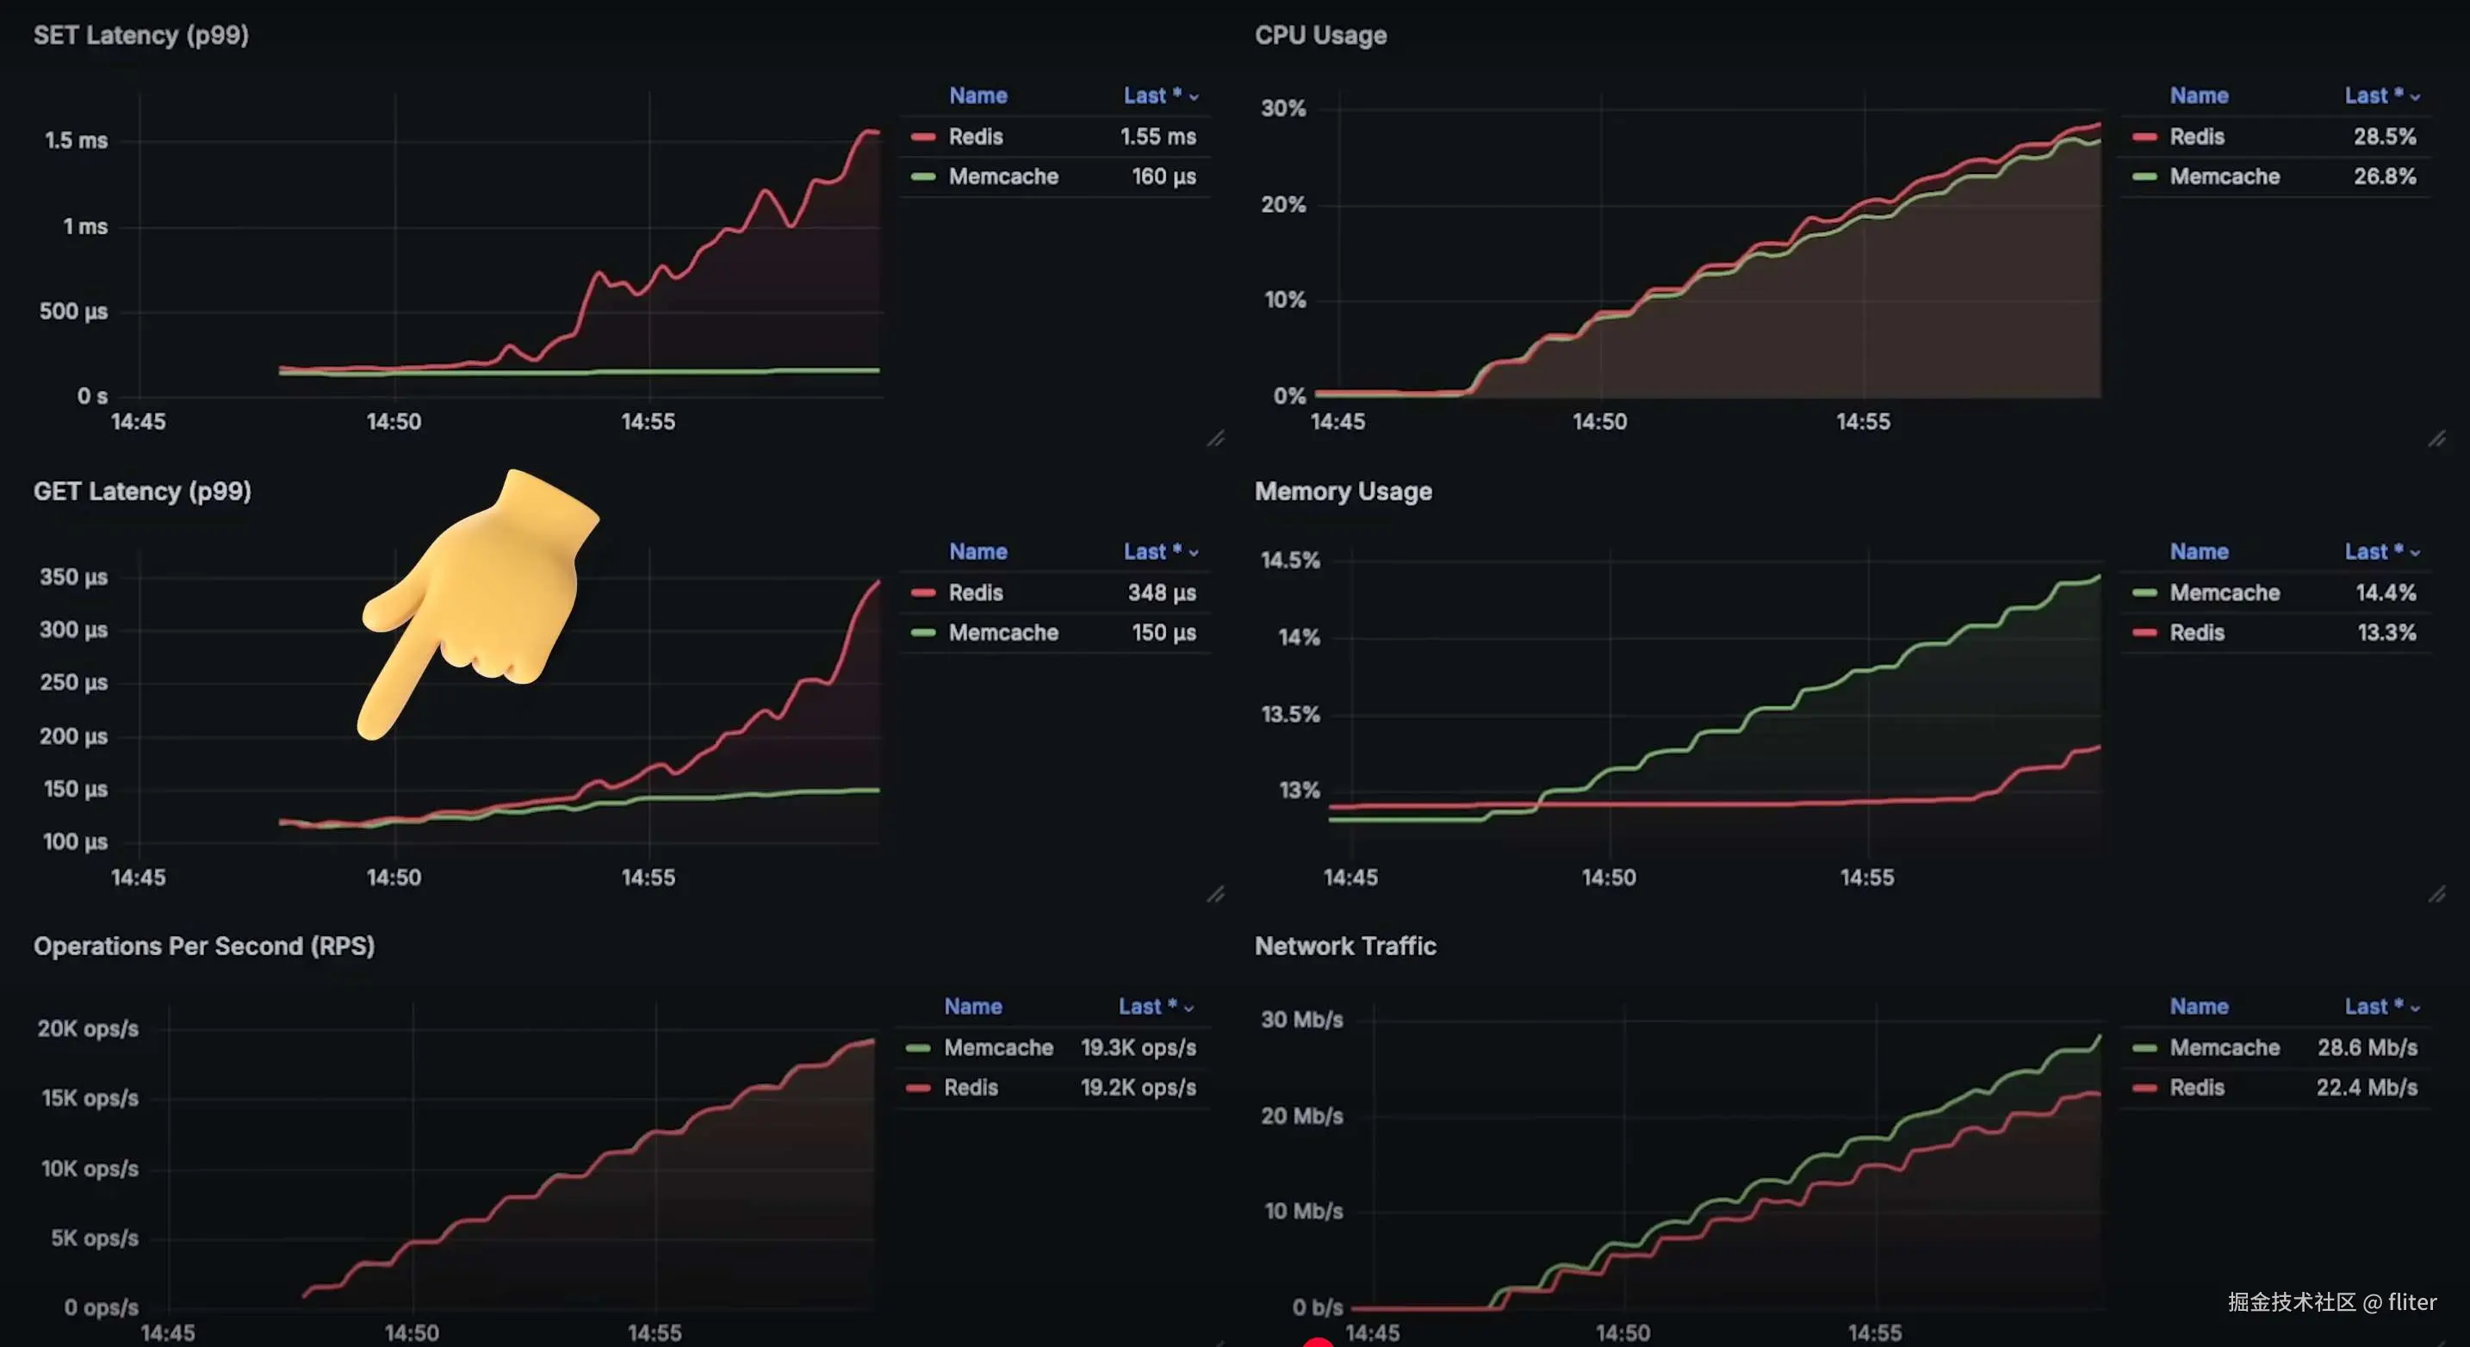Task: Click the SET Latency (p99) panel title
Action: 141,35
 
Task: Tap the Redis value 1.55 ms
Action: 1157,136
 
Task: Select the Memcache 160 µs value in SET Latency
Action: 1163,177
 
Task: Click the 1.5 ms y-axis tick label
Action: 76,140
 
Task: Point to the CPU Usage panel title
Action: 1320,35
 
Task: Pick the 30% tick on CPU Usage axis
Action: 1283,109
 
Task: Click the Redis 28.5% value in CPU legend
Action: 2384,136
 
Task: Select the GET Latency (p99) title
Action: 142,491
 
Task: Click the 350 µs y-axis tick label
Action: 73,577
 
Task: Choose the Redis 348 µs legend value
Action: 1161,593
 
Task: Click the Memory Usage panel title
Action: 1343,491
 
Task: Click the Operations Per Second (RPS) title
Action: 203,947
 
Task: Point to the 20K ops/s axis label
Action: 87,1028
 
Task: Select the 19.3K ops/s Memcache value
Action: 1139,1047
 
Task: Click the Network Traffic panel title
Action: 1344,947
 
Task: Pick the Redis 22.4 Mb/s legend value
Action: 2367,1087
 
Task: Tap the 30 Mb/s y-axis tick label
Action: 1301,1019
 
